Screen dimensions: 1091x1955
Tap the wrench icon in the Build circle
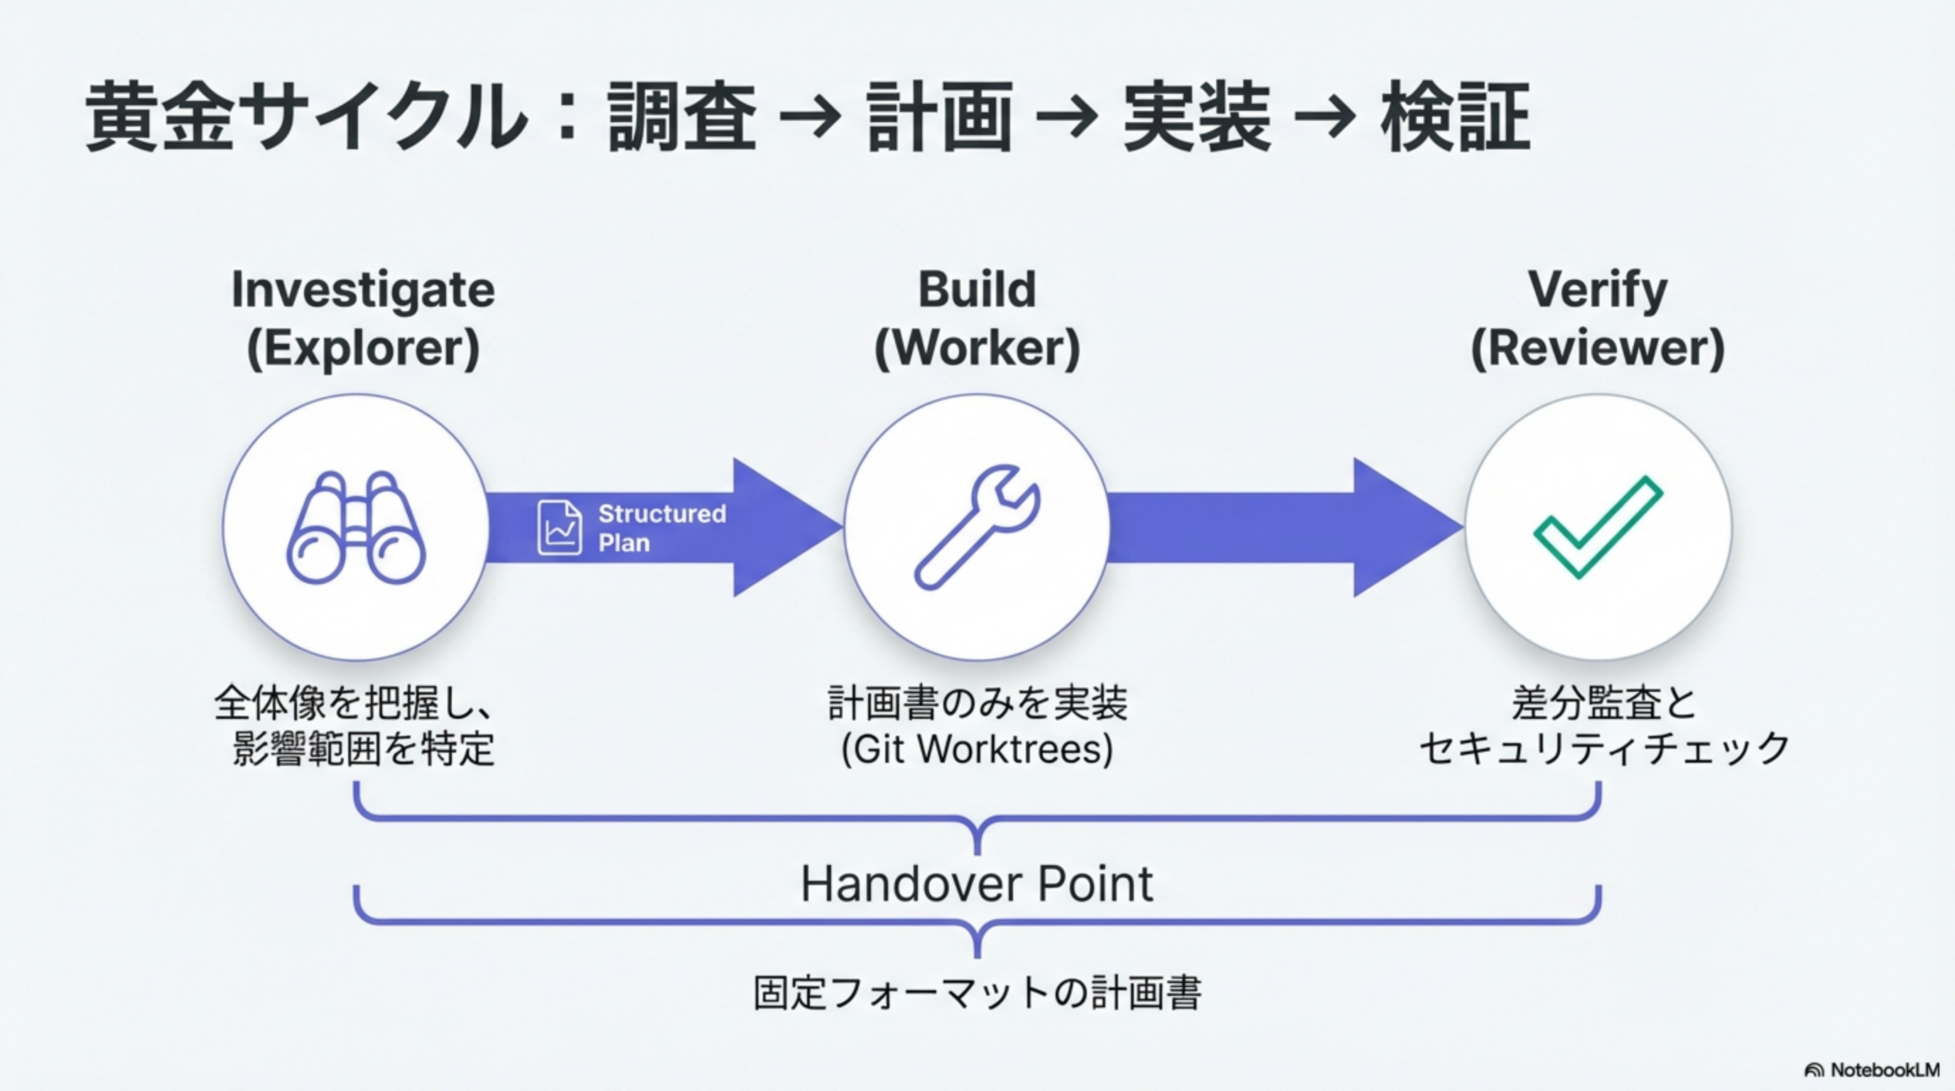[977, 526]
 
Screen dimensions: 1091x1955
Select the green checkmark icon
[1598, 526]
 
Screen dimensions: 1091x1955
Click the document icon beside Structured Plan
[559, 527]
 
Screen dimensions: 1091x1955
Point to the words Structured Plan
[661, 528]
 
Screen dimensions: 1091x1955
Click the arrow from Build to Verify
[1282, 527]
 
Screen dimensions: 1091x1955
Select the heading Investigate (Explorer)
[363, 318]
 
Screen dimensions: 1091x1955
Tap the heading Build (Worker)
[977, 318]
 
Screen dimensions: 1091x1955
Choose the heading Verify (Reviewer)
[1598, 318]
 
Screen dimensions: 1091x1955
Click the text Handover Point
[977, 884]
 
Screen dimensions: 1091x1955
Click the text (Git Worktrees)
[977, 749]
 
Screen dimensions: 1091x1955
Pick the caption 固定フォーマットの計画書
[977, 992]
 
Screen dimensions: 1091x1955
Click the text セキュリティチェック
[1603, 749]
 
